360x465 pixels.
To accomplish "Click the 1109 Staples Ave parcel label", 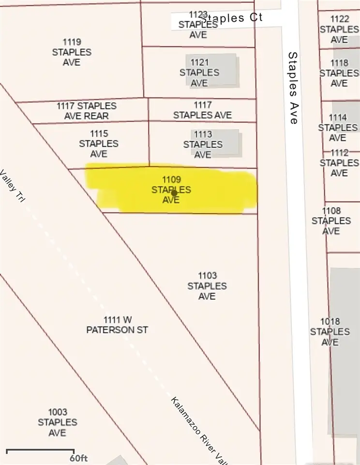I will (x=171, y=189).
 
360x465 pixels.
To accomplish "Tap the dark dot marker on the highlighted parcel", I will (x=174, y=193).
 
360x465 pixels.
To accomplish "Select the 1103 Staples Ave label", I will (x=207, y=286).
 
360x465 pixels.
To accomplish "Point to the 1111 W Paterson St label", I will (x=117, y=325).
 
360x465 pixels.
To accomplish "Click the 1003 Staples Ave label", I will (x=57, y=422).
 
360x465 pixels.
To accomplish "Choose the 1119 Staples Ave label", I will (x=72, y=52).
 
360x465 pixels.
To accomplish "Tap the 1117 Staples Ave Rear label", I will (x=86, y=111).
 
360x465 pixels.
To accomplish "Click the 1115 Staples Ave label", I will (x=99, y=144).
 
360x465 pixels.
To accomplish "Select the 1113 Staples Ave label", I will (x=203, y=144).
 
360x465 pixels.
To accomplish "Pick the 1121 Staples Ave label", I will (x=199, y=73).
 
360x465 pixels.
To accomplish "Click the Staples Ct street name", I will (x=231, y=18).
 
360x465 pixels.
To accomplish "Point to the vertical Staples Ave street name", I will (x=293, y=88).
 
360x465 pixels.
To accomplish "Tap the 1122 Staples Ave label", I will (x=339, y=29).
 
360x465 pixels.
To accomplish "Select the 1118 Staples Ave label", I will (x=339, y=73).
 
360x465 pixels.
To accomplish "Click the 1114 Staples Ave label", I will (x=338, y=128).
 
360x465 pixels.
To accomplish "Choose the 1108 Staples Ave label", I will (x=331, y=221).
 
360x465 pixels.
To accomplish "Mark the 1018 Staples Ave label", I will (x=330, y=332).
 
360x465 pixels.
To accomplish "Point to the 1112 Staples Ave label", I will (x=339, y=163).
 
